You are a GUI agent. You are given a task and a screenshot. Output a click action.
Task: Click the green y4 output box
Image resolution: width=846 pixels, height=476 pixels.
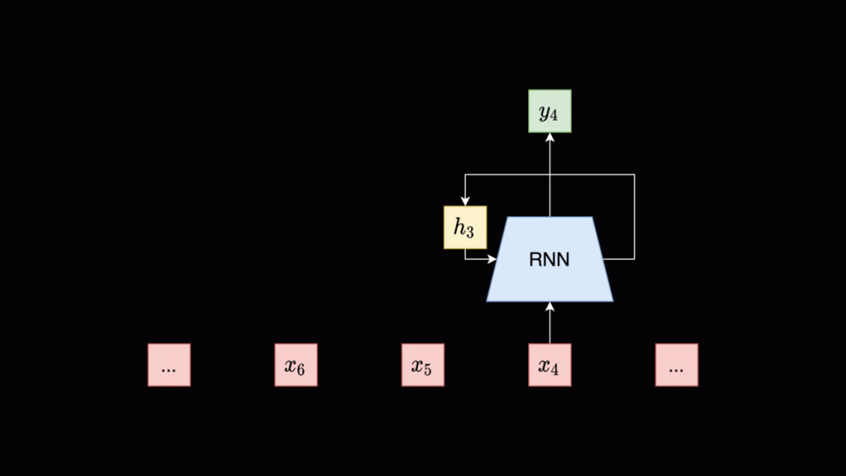tap(549, 111)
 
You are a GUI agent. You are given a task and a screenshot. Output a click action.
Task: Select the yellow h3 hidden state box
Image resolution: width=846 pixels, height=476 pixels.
tap(465, 227)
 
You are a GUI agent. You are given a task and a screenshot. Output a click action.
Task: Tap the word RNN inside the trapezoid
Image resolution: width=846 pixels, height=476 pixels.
tap(549, 260)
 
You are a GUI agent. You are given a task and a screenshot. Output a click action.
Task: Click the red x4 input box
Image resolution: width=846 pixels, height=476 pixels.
tap(549, 365)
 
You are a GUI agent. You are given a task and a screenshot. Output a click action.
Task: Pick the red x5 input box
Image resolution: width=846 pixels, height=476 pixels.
tap(422, 365)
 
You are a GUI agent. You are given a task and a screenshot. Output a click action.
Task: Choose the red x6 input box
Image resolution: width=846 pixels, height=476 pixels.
tap(296, 365)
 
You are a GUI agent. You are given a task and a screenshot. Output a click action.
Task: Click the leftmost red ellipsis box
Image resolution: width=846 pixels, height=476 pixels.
tap(169, 365)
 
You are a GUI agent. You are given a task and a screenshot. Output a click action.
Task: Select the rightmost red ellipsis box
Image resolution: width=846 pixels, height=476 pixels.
tap(677, 365)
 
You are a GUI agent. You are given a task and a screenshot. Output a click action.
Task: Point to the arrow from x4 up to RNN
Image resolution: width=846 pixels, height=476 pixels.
tap(549, 323)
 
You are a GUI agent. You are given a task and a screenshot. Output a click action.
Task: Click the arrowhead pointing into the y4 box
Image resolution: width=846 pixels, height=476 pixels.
tap(549, 137)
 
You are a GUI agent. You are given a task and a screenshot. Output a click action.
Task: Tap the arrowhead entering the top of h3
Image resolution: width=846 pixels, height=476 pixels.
tap(465, 201)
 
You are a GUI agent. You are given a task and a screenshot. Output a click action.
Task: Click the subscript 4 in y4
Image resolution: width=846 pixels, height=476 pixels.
tap(554, 116)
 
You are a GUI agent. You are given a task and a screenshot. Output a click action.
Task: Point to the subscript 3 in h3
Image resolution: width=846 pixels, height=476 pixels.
tap(470, 232)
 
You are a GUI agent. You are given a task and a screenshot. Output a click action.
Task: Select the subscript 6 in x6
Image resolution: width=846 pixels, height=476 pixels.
tap(301, 369)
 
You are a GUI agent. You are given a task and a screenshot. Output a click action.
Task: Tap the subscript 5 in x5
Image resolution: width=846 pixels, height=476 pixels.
tap(427, 369)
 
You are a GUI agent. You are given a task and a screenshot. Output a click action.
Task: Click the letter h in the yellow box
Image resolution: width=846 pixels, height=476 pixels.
tap(459, 226)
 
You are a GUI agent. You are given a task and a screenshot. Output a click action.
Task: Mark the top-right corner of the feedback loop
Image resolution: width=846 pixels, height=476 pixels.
tap(634, 174)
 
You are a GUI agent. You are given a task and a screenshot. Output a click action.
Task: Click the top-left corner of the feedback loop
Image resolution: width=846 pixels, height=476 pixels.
tap(465, 174)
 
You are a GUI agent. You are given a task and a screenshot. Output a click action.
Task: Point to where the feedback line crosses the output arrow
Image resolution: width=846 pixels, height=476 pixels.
tap(549, 174)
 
